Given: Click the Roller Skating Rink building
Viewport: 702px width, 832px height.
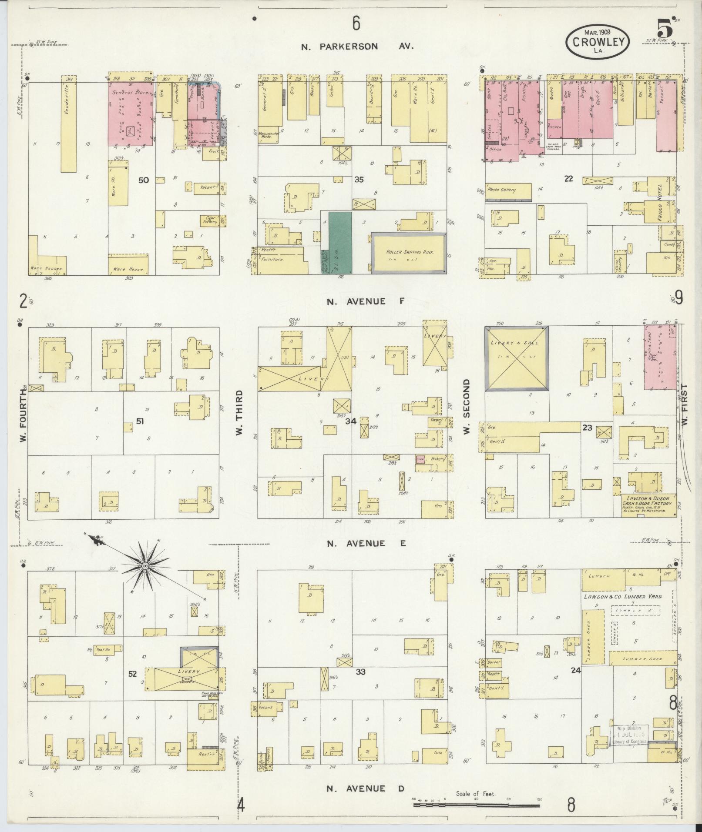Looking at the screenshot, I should tap(409, 253).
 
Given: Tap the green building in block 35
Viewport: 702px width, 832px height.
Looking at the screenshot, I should tap(340, 242).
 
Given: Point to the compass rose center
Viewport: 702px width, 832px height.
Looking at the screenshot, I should tap(145, 565).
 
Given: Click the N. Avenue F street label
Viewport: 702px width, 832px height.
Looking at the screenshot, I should tap(356, 301).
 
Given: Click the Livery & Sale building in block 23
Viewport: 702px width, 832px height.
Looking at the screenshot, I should tap(516, 358).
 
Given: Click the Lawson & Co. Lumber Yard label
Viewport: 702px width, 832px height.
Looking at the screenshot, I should tap(623, 597).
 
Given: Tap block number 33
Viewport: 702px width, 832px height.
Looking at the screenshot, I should tap(360, 672).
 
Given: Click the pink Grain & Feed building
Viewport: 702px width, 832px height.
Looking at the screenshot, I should tap(659, 364).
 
